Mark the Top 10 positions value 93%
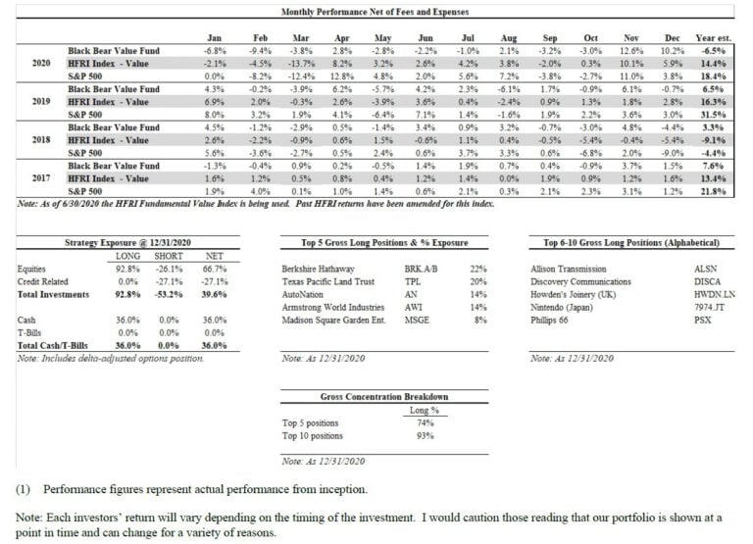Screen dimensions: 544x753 coord(426,435)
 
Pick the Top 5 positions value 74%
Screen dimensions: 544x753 coord(426,422)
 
